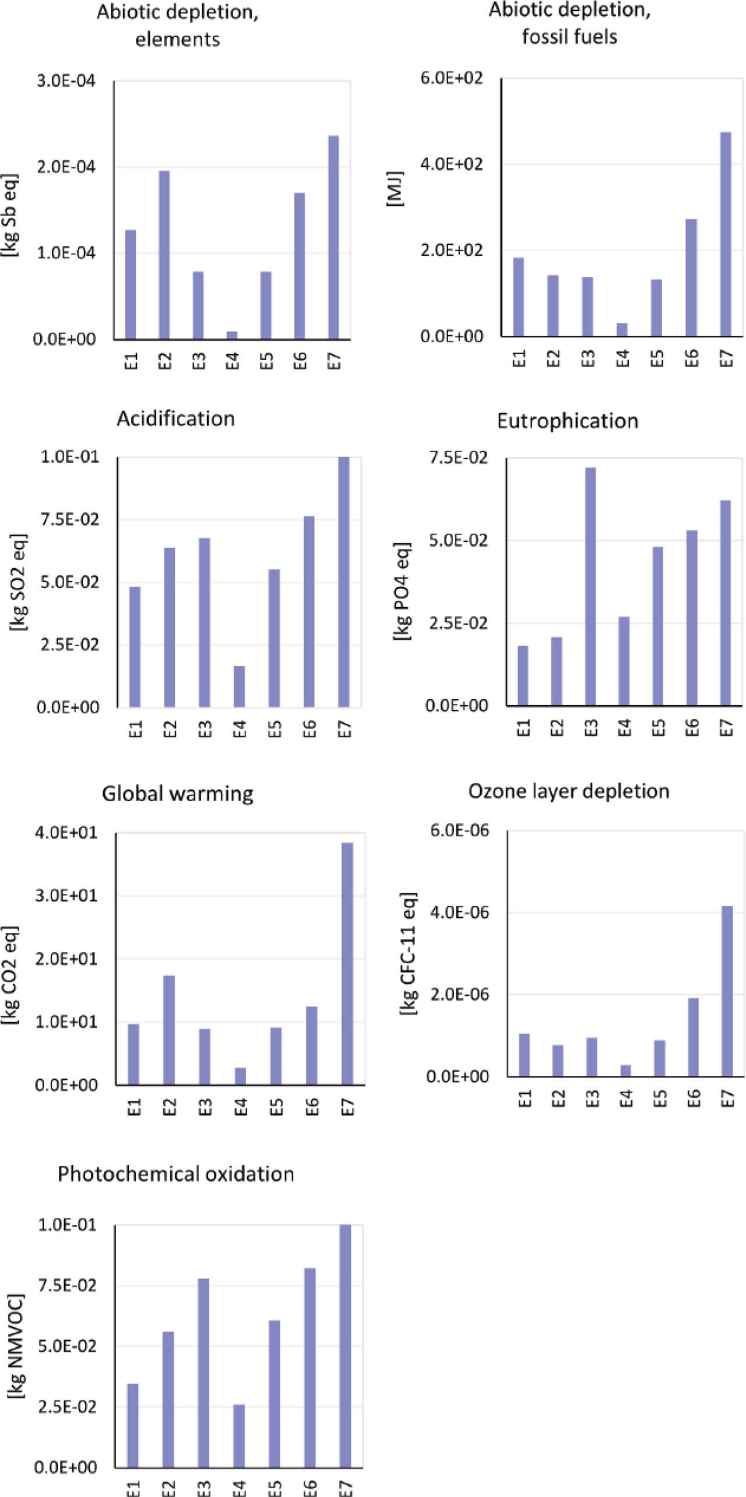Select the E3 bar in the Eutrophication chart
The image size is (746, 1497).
[x=590, y=586]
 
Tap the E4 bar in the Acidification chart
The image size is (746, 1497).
[x=239, y=686]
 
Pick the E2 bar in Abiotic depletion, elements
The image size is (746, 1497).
[x=164, y=255]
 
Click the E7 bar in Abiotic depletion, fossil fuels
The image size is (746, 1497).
[x=726, y=234]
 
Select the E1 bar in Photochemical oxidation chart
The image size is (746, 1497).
[x=133, y=1425]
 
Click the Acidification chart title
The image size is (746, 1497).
[x=175, y=418]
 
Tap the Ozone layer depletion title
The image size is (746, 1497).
[x=569, y=791]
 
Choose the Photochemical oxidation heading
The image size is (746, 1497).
[x=175, y=1174]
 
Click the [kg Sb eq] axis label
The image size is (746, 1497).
[x=10, y=216]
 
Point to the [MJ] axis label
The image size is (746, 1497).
[x=395, y=189]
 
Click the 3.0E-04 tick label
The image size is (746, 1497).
[x=66, y=81]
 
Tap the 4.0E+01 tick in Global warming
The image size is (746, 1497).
[x=66, y=832]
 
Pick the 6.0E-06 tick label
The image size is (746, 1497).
[x=460, y=830]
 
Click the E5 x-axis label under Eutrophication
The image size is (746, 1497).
[x=658, y=727]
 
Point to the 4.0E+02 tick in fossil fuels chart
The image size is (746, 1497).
[x=452, y=164]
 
